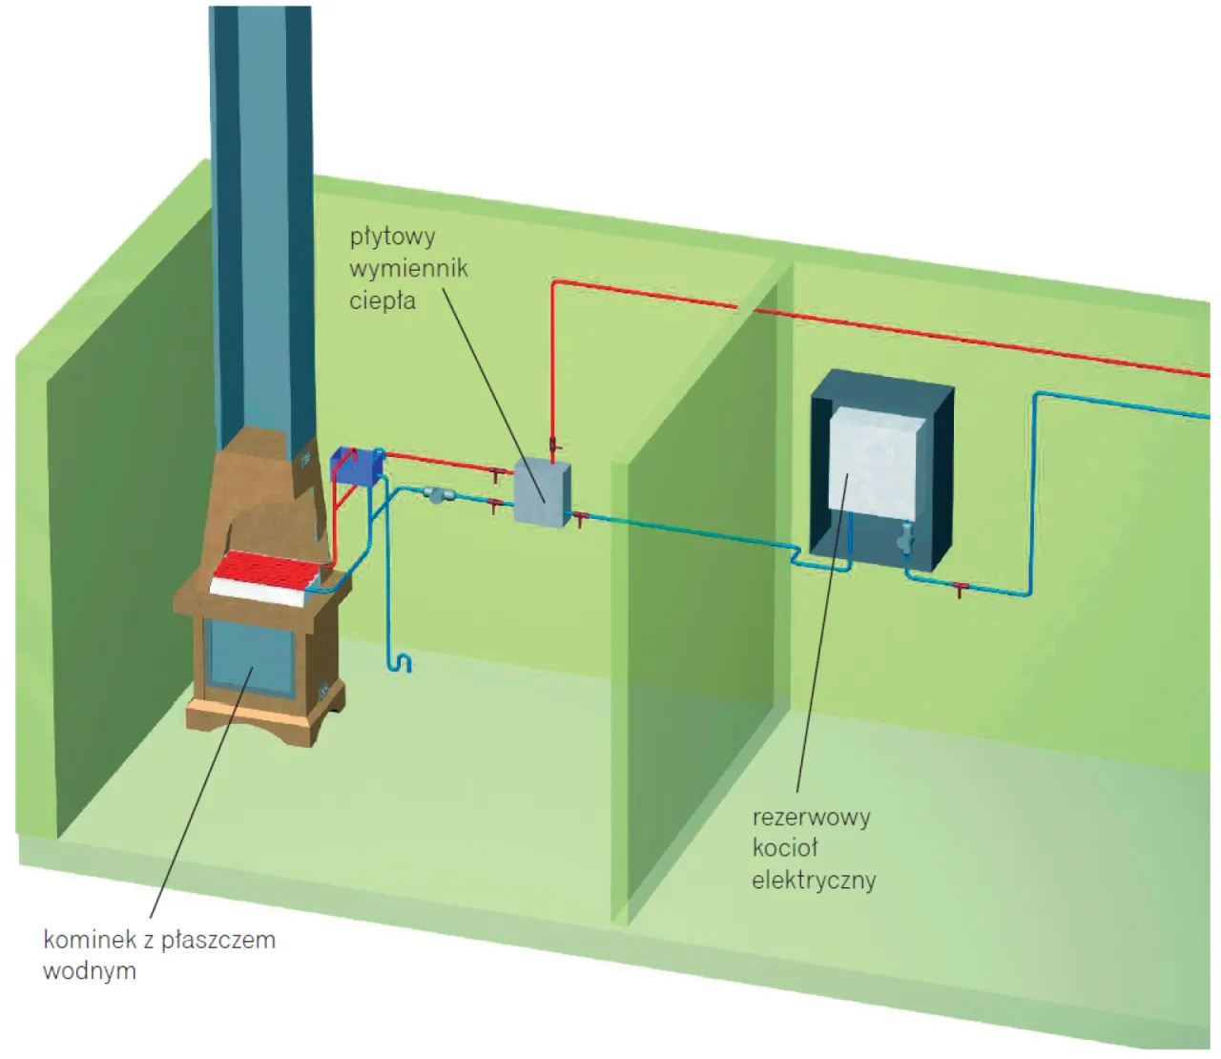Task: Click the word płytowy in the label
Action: tap(392, 237)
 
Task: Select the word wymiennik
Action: tap(408, 268)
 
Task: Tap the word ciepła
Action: tap(382, 301)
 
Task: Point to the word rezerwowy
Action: tap(811, 818)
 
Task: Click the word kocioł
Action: tap(785, 848)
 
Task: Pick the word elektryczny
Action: tap(814, 880)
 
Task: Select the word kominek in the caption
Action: tap(90, 940)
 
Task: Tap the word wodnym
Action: tap(90, 971)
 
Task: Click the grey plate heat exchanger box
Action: tap(542, 490)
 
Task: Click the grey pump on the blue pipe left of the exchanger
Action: tap(439, 494)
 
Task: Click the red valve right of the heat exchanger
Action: tap(578, 520)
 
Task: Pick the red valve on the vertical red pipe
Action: tap(553, 444)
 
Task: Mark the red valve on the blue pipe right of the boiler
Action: tap(961, 589)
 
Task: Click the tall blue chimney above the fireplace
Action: tap(260, 219)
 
